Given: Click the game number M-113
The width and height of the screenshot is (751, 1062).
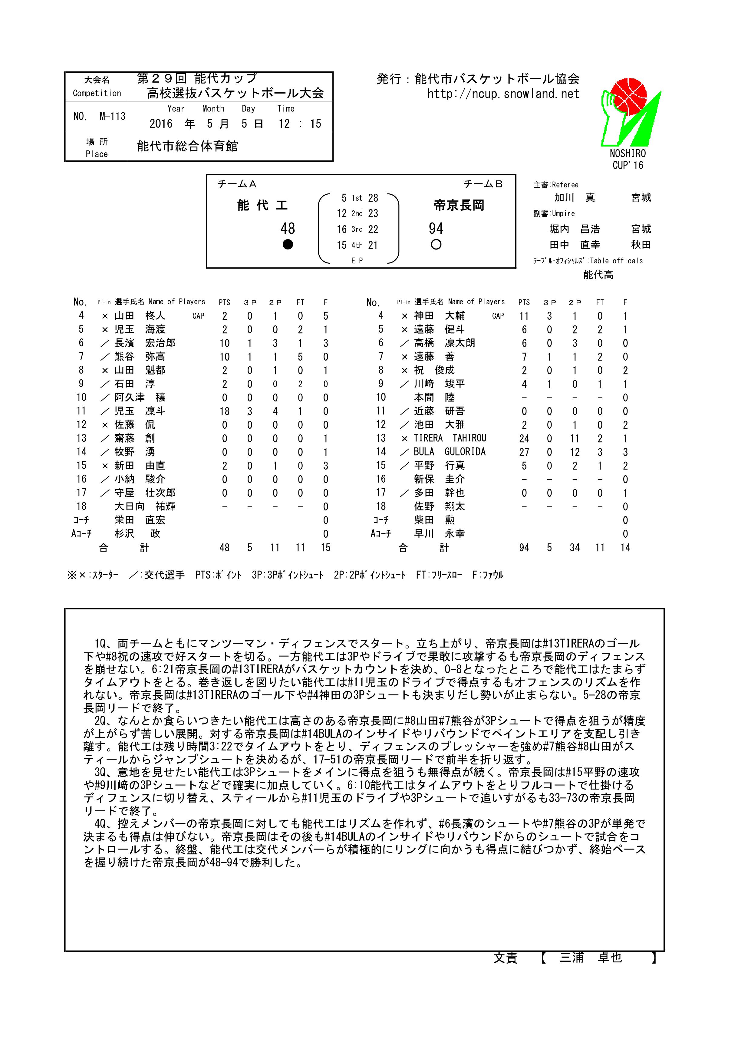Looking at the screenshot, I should point(112,116).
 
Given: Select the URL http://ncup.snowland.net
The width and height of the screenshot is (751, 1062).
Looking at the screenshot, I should point(503,94).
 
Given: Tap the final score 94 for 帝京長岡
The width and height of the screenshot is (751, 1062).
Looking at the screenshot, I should point(436,229).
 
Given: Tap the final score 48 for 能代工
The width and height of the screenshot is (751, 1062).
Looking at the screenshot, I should point(288,229).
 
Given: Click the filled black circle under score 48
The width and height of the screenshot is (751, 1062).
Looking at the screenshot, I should point(288,245).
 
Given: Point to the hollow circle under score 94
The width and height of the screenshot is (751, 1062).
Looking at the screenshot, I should point(436,245).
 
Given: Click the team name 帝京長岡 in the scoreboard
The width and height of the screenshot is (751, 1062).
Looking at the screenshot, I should point(459,205).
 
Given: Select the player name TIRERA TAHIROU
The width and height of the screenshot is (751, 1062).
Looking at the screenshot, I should point(450,438).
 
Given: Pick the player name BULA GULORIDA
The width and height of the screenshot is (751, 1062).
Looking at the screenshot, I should point(450,452).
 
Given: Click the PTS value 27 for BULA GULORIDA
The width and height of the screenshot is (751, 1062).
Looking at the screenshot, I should point(524,452).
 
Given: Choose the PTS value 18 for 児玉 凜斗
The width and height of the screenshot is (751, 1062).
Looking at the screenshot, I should point(224,411).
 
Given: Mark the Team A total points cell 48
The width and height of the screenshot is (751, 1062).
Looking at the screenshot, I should point(224,548).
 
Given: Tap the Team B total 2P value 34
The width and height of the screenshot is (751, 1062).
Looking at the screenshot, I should point(574,548).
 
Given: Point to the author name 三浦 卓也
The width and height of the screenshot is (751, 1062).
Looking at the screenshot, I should point(591,958).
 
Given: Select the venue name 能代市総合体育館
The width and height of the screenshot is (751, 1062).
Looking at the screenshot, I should point(187,146).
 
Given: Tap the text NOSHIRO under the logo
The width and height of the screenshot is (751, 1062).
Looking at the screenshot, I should point(627,153).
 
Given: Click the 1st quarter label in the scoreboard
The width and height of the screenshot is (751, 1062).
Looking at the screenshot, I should point(357,198).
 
